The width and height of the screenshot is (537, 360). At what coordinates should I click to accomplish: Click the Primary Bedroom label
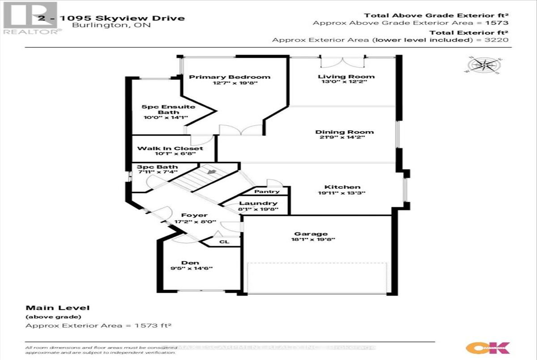click(x=230, y=76)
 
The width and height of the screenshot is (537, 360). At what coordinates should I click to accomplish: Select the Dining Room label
click(x=344, y=132)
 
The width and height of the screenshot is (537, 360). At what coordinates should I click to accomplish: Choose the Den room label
click(x=190, y=263)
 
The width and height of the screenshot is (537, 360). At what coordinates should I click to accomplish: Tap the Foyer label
click(x=194, y=215)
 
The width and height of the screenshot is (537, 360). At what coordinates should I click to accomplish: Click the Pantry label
click(x=267, y=191)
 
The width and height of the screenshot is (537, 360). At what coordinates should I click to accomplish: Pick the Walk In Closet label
click(x=170, y=148)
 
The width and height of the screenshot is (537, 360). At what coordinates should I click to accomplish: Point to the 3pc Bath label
click(x=151, y=167)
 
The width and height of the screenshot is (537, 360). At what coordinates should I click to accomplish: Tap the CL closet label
click(x=224, y=242)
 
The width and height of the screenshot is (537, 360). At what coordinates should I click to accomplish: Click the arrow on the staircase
click(x=209, y=170)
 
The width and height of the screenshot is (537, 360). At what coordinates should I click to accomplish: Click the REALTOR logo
click(x=31, y=18)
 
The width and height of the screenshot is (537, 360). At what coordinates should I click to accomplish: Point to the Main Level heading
click(x=58, y=308)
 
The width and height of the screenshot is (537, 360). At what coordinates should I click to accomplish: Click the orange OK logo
click(x=487, y=347)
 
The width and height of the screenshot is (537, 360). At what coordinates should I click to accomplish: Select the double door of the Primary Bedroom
click(x=240, y=130)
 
